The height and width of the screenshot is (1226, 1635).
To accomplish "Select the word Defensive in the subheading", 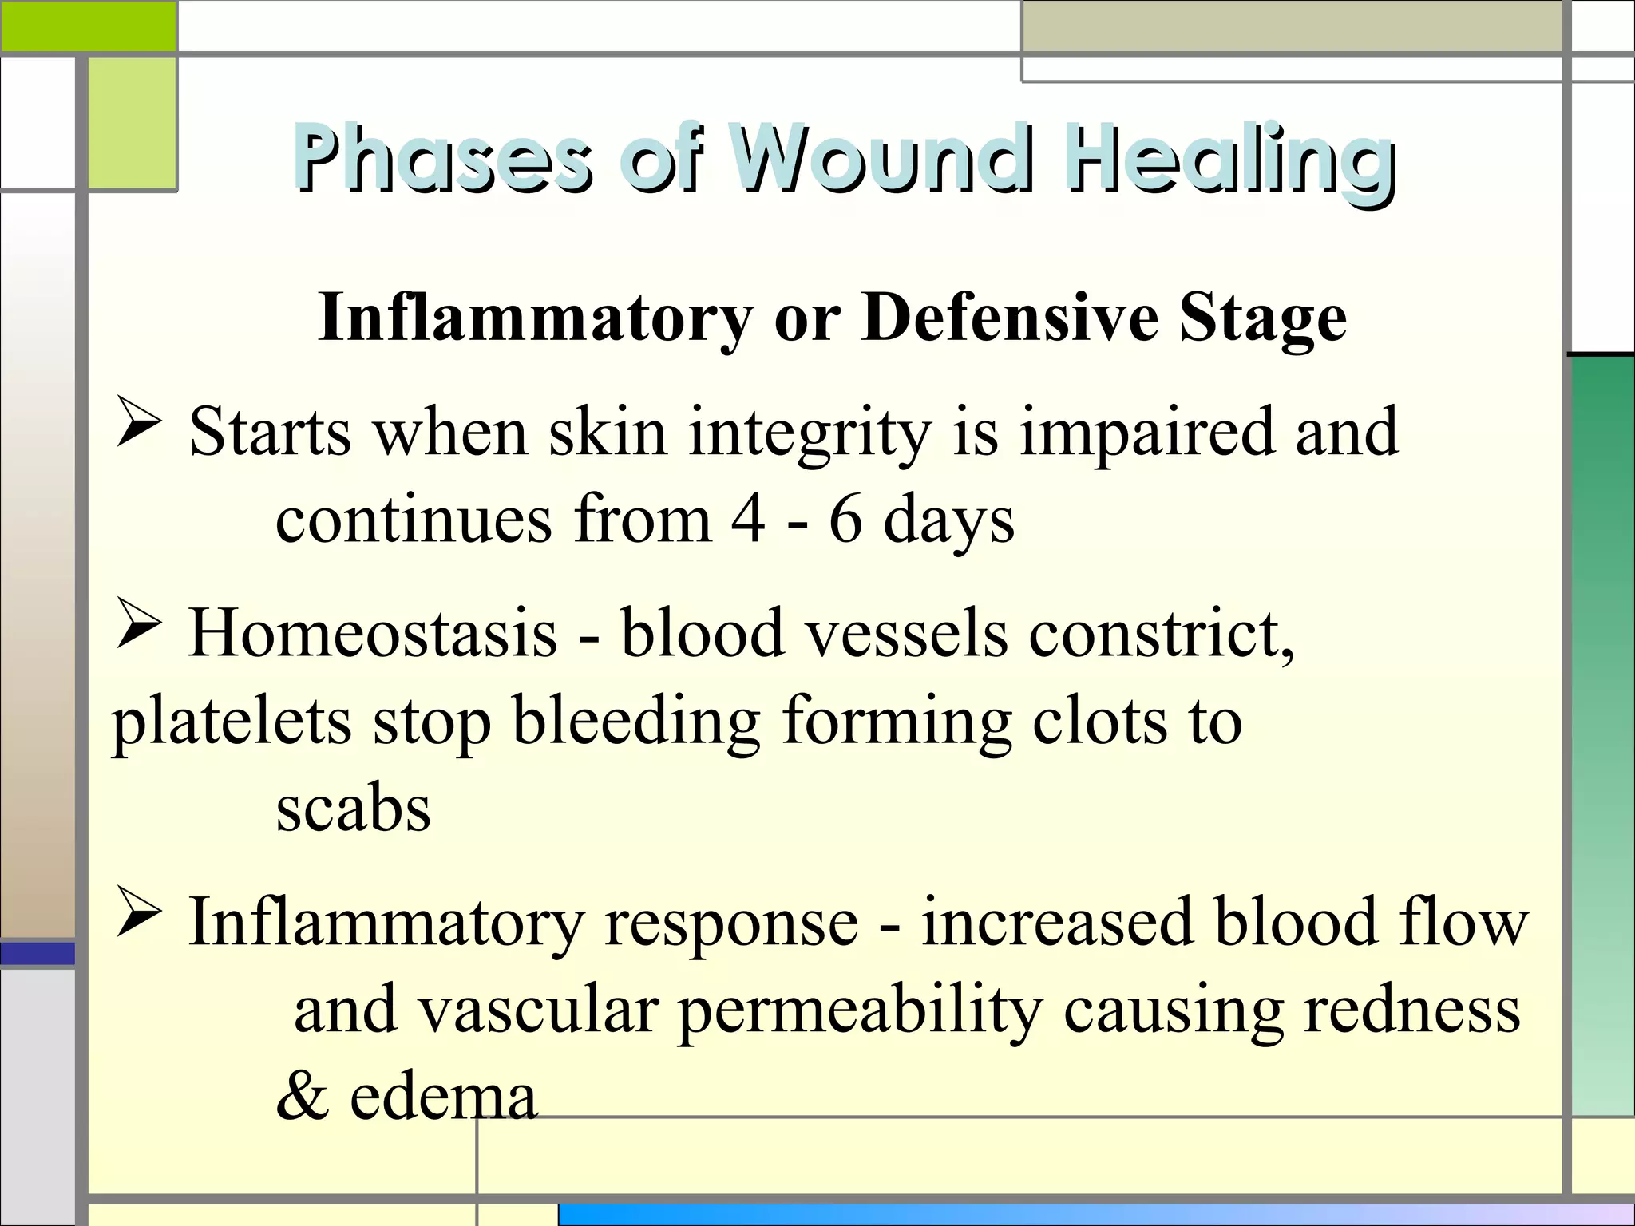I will (x=1011, y=318).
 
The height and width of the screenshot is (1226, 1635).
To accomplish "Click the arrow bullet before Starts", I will (x=139, y=421).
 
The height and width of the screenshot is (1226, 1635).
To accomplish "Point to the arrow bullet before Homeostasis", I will (x=139, y=623).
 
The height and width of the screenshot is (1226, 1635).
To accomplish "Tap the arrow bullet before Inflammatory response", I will (x=139, y=911).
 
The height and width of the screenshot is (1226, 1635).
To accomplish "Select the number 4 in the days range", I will (x=748, y=520).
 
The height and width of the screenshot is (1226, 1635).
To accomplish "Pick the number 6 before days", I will (x=845, y=520).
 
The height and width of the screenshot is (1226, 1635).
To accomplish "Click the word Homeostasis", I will (x=373, y=633).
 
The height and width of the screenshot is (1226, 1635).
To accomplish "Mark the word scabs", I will (x=353, y=809).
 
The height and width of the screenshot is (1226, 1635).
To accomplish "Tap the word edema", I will (x=443, y=1097).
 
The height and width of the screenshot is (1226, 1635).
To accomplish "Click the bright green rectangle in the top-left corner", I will (x=88, y=26).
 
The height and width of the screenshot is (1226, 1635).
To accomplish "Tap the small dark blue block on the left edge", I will (x=38, y=953).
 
